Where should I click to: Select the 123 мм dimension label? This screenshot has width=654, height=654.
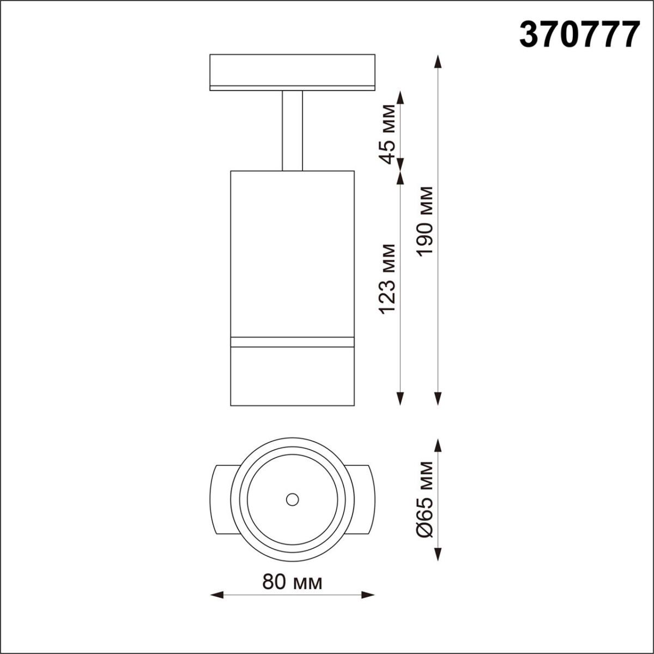[x=387, y=278]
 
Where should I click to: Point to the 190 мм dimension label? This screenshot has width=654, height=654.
[x=425, y=221]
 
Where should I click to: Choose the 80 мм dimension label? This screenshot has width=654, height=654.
[x=292, y=583]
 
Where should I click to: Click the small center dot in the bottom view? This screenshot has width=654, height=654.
[x=292, y=499]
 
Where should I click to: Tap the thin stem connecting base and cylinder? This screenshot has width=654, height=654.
[x=292, y=131]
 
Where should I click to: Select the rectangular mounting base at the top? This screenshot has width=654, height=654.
[x=292, y=71]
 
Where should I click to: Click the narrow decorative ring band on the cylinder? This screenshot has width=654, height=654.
[x=292, y=342]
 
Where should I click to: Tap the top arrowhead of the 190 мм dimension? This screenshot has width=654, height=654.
[x=437, y=60]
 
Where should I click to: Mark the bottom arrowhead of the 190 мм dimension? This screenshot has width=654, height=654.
[x=437, y=400]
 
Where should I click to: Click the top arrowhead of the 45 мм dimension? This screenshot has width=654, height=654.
[x=401, y=98]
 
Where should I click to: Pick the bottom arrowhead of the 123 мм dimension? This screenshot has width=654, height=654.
[x=401, y=400]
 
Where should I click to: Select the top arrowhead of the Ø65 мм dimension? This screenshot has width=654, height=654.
[x=437, y=446]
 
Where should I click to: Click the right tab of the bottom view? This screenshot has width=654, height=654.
[x=362, y=499]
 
